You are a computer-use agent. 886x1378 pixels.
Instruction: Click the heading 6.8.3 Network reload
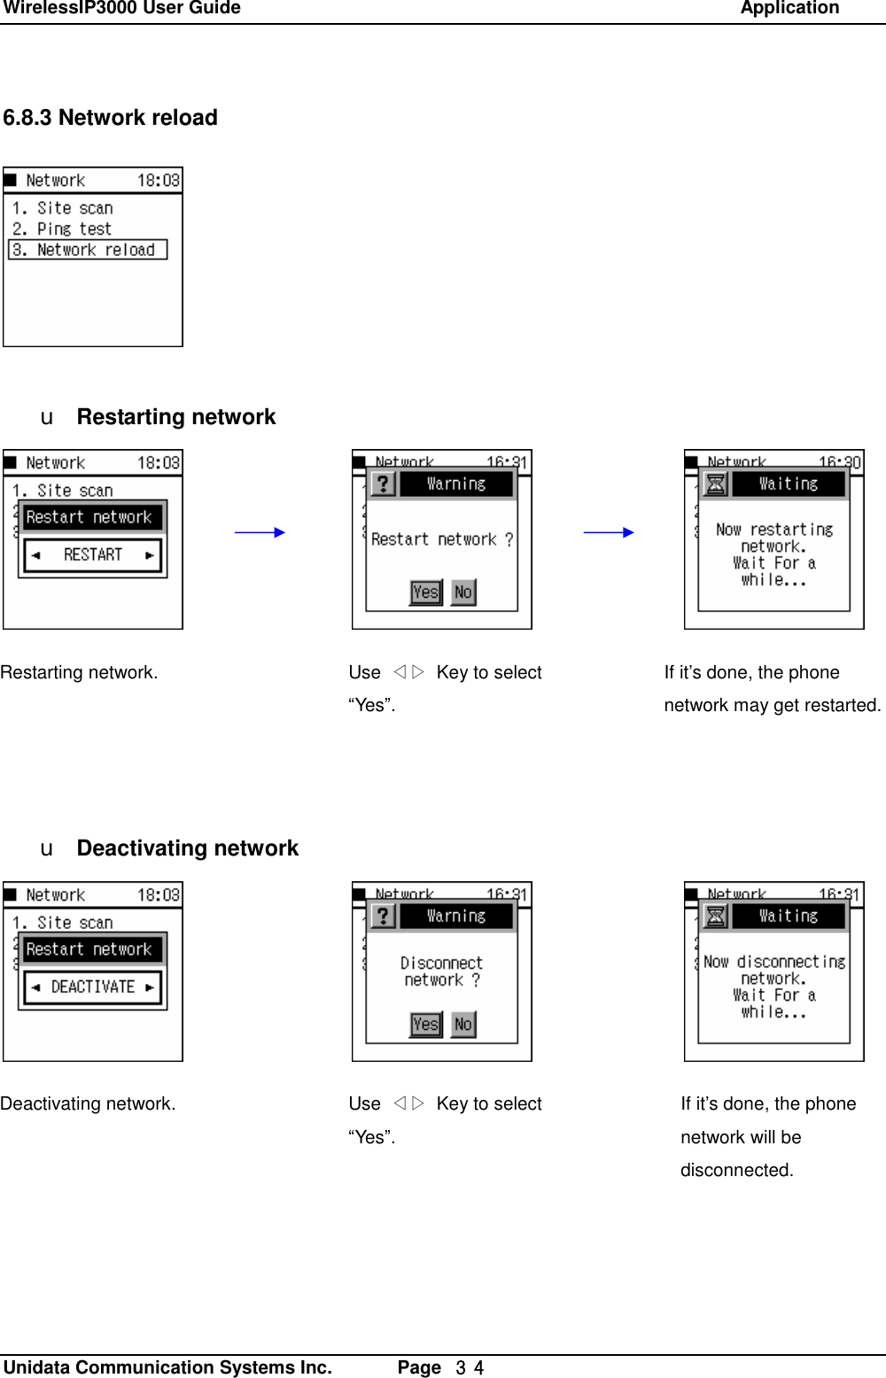(111, 118)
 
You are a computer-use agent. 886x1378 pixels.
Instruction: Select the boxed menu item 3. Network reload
(88, 251)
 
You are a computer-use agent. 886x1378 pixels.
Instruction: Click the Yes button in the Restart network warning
(425, 592)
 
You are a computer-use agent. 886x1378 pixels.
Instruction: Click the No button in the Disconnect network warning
(462, 1024)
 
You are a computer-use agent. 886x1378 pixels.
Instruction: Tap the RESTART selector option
(92, 555)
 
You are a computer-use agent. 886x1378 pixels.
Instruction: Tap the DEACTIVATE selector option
(92, 987)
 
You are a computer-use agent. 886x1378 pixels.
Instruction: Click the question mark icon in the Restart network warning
(382, 484)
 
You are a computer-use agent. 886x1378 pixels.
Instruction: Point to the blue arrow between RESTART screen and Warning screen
(260, 532)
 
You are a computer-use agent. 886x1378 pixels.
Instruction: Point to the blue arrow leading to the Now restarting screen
(609, 532)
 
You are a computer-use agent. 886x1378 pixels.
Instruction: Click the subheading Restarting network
(176, 417)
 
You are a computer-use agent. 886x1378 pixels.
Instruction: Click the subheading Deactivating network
(188, 848)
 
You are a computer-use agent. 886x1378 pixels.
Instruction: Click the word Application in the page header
(789, 9)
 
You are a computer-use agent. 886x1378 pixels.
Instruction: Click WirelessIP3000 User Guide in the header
(121, 9)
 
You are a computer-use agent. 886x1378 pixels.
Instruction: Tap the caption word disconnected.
(736, 1170)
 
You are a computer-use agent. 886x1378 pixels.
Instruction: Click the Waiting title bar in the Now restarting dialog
(788, 484)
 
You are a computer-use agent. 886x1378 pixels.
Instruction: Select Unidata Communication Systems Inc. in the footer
(168, 1367)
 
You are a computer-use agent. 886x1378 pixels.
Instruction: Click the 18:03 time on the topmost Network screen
(159, 181)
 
